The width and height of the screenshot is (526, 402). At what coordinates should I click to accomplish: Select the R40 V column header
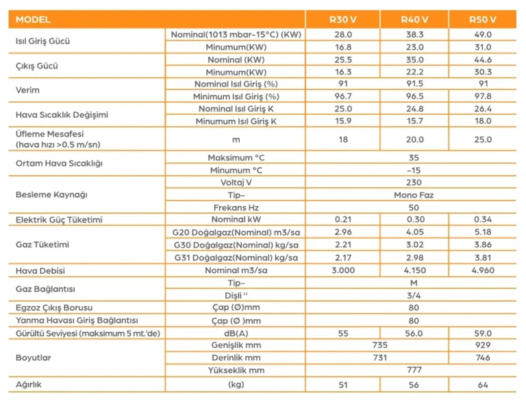click(x=414, y=19)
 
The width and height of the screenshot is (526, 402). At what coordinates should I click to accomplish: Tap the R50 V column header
click(x=483, y=19)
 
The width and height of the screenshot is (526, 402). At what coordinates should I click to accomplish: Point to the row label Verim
click(x=27, y=90)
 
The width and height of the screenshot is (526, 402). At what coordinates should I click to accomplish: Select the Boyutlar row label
click(x=34, y=357)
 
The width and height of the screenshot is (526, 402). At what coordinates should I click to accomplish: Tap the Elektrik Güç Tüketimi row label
click(x=59, y=220)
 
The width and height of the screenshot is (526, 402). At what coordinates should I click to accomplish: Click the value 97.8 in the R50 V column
click(x=483, y=97)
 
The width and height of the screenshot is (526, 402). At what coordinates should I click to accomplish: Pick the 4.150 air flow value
click(x=414, y=271)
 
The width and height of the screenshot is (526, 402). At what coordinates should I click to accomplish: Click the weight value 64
click(x=483, y=385)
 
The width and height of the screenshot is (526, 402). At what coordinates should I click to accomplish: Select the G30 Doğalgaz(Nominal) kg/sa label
click(x=236, y=245)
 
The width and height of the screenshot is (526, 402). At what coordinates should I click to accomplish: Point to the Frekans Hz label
click(x=236, y=208)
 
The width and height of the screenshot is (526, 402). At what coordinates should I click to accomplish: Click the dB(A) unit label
click(x=236, y=333)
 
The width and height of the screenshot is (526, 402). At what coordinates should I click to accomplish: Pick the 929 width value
click(x=483, y=345)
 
